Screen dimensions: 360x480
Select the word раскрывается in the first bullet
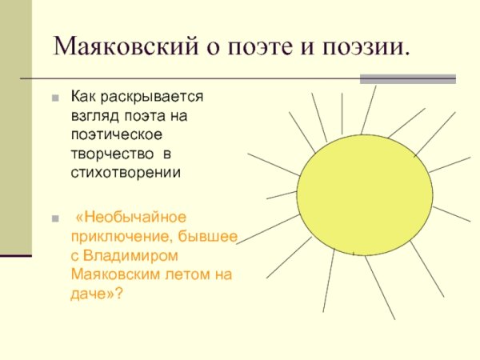point(152,97)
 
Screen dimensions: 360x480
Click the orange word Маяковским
point(117,274)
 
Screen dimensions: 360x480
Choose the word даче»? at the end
point(97,293)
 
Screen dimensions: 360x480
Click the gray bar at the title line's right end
point(407,79)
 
